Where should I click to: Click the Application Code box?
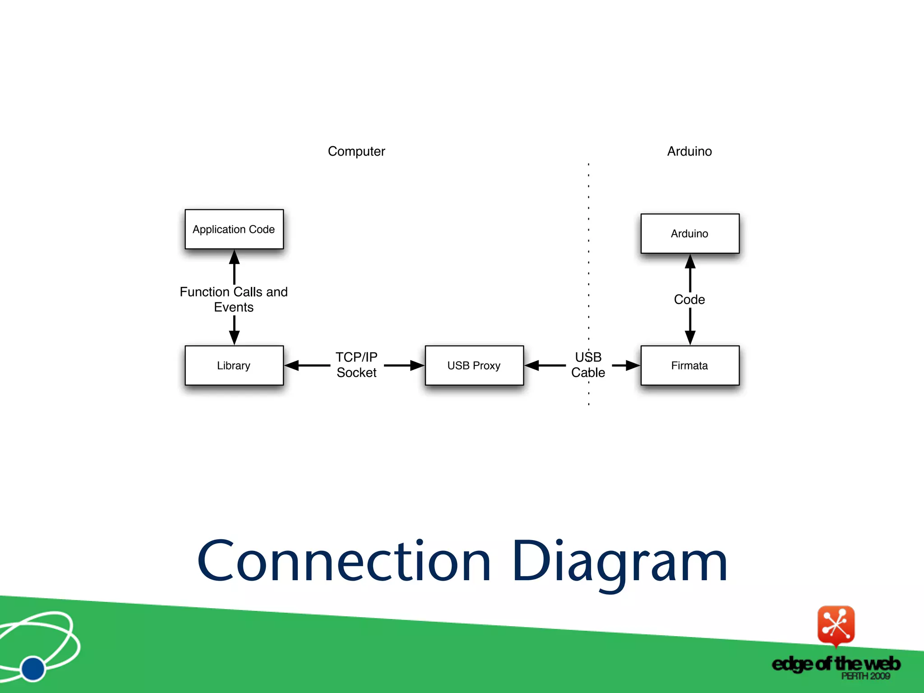tap(234, 229)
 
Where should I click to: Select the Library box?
tap(234, 365)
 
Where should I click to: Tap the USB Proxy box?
tap(474, 365)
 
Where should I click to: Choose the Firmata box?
tap(689, 365)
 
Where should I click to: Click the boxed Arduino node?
tap(689, 234)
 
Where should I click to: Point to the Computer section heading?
tap(356, 151)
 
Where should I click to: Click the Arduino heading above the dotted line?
tap(689, 151)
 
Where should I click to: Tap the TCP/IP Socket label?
tap(356, 365)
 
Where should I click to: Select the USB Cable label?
tap(588, 365)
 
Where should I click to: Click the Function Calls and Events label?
tap(234, 300)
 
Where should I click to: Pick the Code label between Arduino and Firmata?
tap(689, 300)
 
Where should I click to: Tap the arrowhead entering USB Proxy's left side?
tap(417, 365)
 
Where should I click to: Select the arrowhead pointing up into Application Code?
tap(234, 257)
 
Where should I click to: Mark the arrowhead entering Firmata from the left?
tap(633, 365)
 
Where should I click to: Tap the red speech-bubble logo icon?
tap(836, 625)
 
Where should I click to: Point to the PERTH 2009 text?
tap(865, 676)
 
